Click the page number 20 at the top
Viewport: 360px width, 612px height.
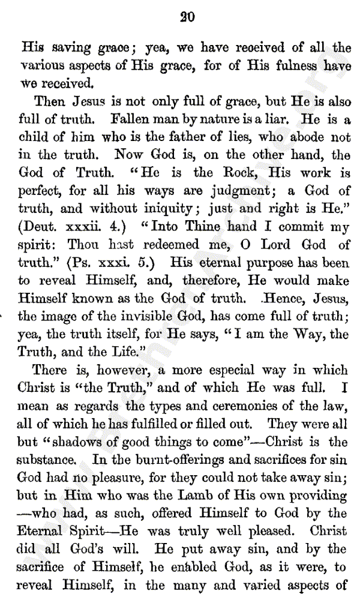coord(187,17)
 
